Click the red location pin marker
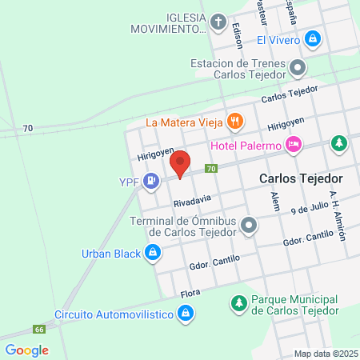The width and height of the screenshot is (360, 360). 181,163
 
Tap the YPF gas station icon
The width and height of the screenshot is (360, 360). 150,183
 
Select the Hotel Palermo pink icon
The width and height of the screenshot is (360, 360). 294,146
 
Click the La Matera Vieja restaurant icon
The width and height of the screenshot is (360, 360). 234,122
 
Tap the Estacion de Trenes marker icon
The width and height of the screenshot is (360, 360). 298,68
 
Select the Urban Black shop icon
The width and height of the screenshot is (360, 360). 150,254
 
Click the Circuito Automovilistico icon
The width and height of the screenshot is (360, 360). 186,314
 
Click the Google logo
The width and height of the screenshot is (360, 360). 26,350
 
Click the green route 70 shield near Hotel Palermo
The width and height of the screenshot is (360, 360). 211,169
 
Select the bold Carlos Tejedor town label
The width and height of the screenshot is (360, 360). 301,178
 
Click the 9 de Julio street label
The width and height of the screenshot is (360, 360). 310,210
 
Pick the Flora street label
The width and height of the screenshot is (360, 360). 189,293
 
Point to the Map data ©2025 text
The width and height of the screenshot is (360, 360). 325,353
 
